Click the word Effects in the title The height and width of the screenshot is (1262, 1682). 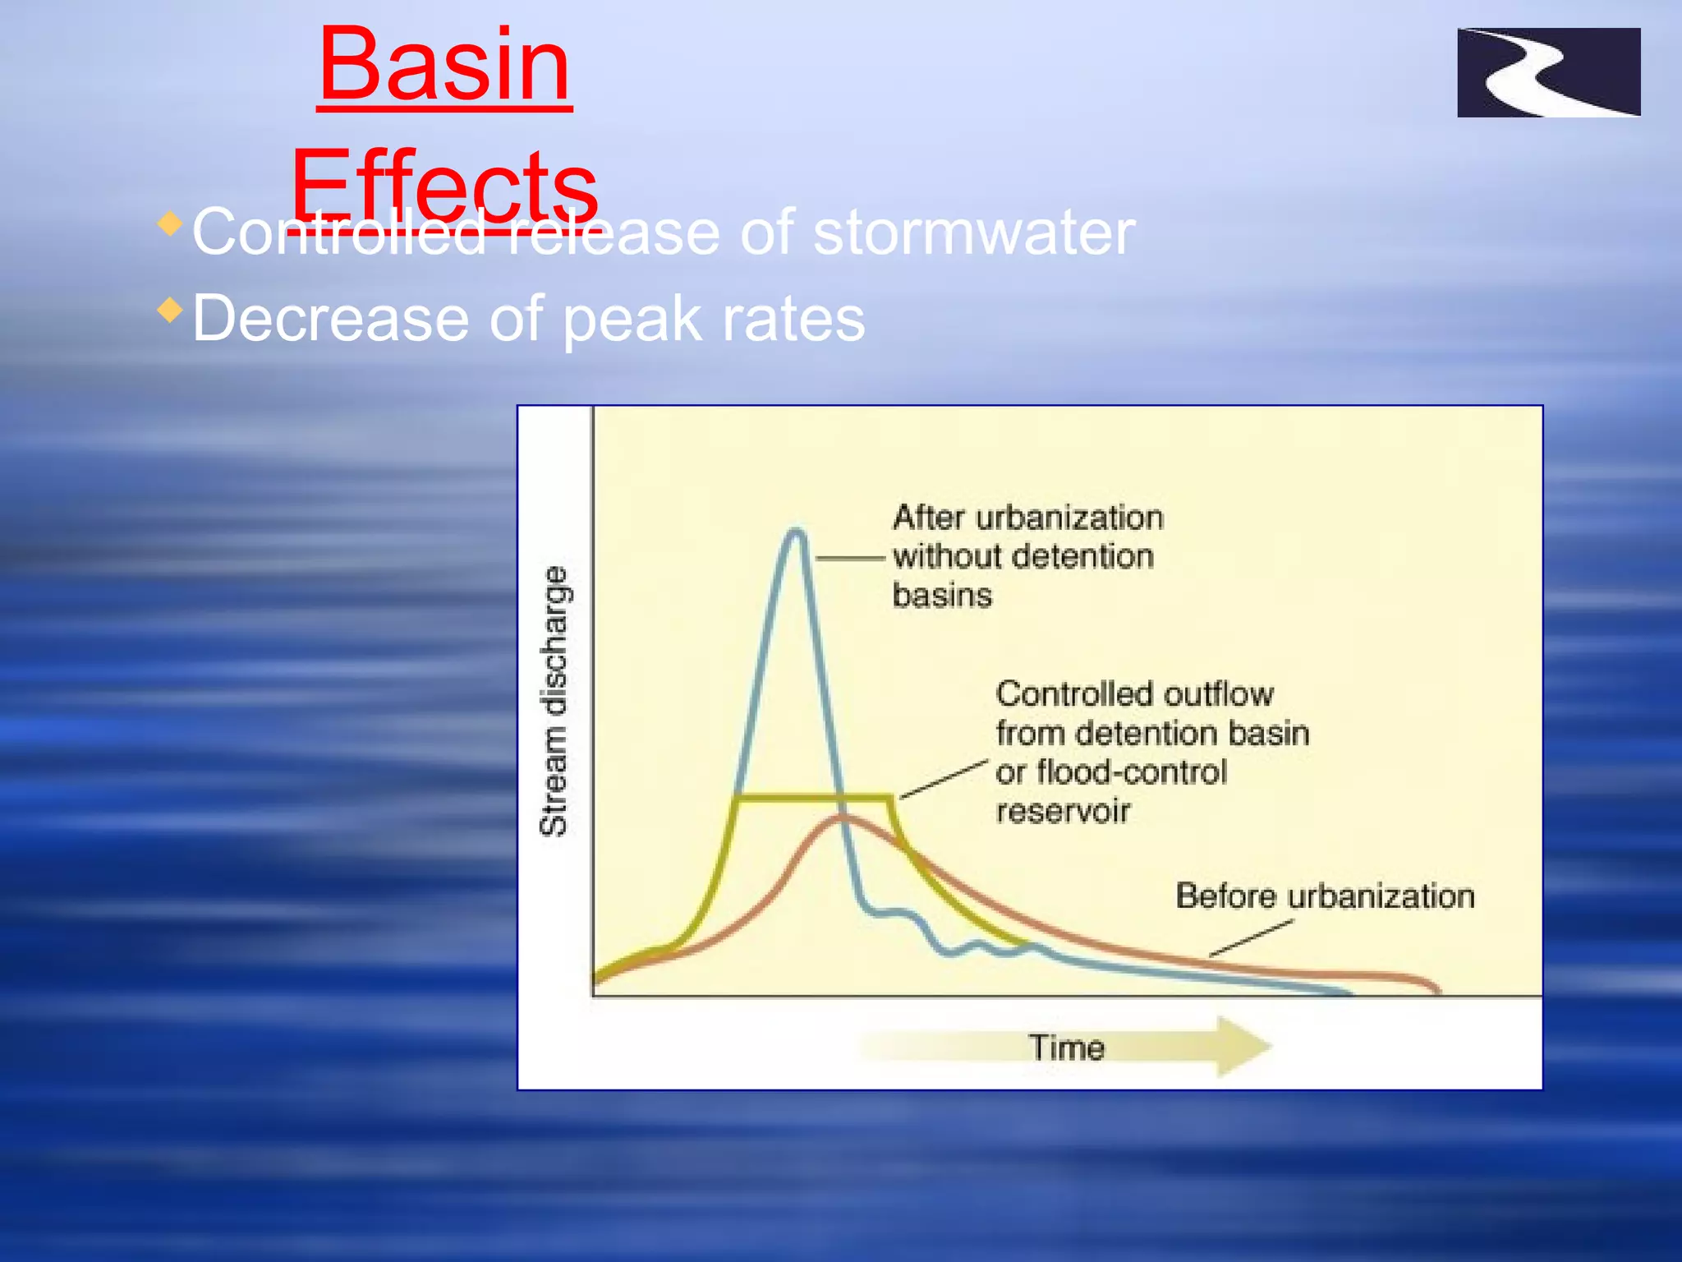(443, 185)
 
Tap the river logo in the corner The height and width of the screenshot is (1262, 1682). (1548, 72)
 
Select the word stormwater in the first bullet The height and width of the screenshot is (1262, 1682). (973, 233)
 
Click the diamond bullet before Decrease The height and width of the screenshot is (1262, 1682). (170, 310)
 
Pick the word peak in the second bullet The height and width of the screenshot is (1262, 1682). (632, 320)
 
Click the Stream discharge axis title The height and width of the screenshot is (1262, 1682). (554, 700)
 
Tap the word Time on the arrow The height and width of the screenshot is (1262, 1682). (1066, 1048)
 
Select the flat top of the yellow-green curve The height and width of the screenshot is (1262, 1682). (813, 796)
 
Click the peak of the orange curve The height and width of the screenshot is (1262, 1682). (843, 818)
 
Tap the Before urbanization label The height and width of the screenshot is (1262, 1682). (1324, 896)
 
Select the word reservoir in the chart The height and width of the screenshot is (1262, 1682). (1063, 812)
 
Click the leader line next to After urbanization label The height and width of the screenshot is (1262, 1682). (850, 559)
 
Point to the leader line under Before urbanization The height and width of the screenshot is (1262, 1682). (1250, 938)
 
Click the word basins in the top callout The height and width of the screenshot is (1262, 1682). (942, 595)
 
